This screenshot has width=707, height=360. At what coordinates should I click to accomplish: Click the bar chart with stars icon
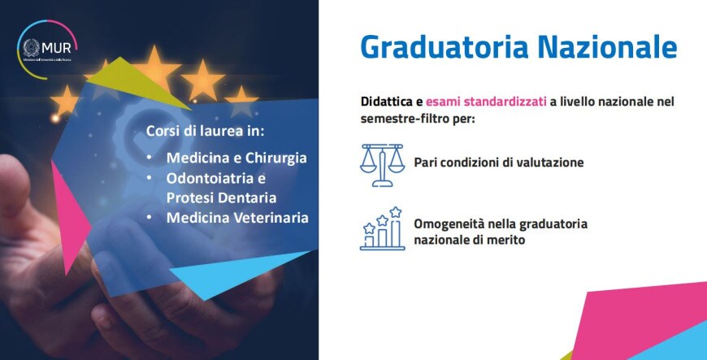[382, 228]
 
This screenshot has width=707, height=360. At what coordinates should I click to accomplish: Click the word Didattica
[388, 103]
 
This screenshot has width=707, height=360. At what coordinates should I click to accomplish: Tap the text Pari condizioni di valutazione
[498, 162]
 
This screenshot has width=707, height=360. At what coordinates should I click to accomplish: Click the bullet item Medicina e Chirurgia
[236, 157]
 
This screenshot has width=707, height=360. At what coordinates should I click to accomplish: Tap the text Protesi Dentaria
[221, 197]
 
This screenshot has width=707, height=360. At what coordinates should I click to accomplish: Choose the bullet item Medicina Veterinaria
[237, 218]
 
